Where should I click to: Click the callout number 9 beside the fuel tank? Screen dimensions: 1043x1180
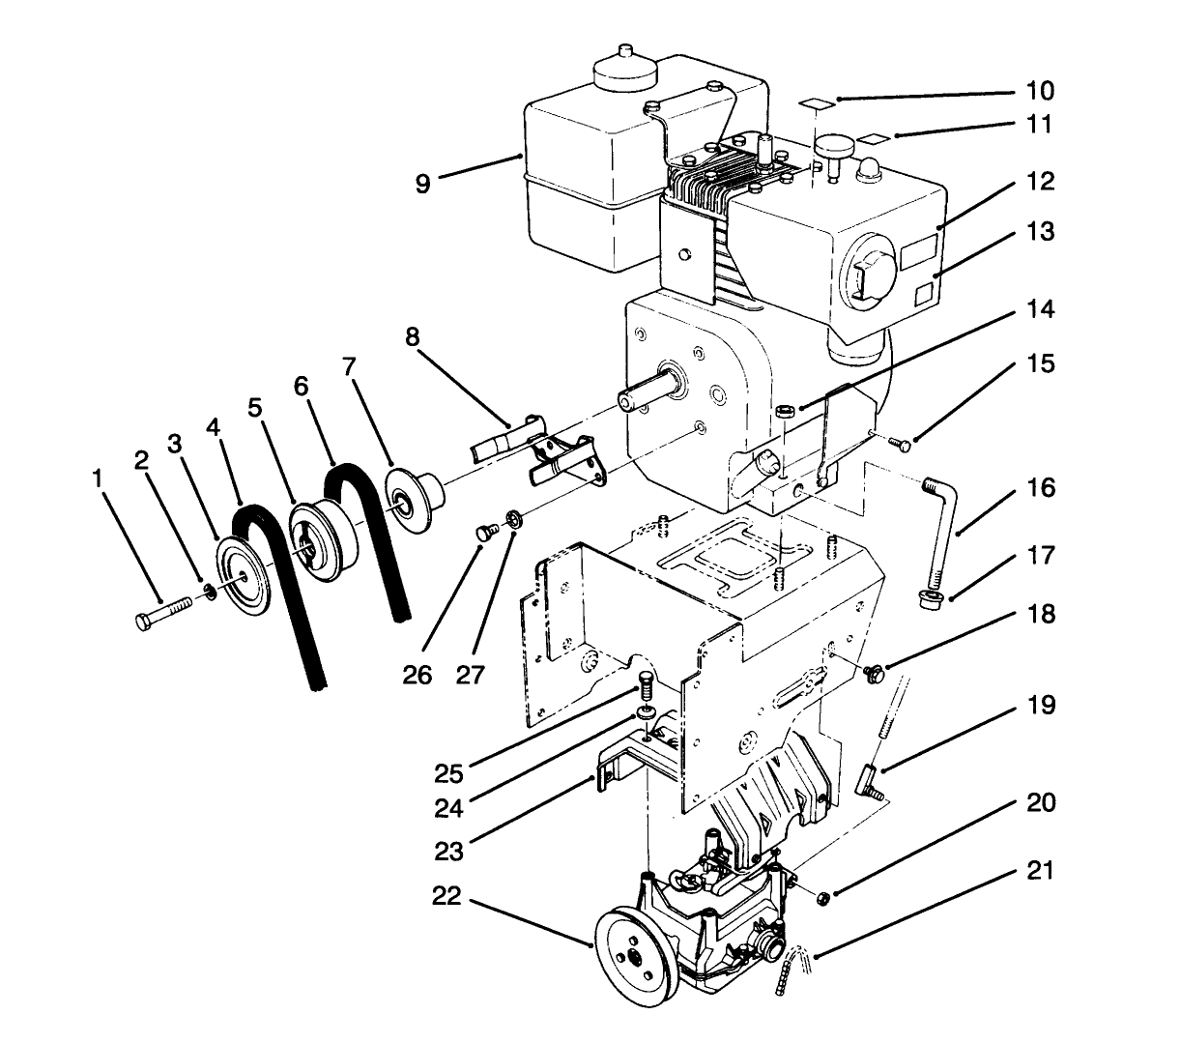pos(423,183)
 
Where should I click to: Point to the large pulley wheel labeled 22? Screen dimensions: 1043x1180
pos(633,951)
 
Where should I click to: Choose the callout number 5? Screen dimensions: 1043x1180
pos(254,409)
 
